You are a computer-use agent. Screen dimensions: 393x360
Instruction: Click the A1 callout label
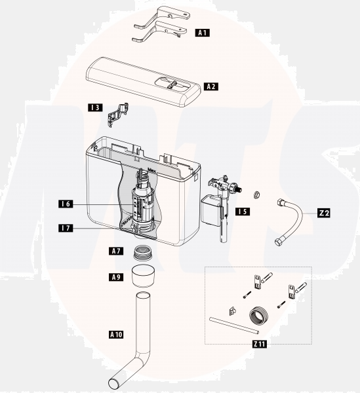[203, 32]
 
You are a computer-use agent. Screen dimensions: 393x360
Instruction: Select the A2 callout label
[211, 86]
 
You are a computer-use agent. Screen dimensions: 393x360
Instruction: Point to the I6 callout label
[65, 204]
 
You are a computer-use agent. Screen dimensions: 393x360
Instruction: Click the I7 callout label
[65, 229]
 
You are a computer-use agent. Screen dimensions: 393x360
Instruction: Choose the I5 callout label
[242, 212]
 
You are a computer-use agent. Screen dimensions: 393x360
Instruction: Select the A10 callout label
[115, 334]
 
